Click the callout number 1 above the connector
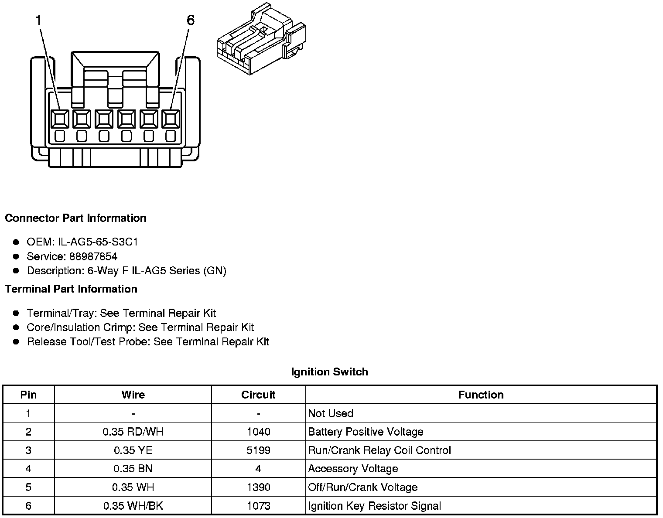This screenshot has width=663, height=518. [x=39, y=20]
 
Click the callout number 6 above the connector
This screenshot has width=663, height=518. [x=191, y=20]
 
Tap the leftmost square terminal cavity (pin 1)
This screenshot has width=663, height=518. [x=60, y=119]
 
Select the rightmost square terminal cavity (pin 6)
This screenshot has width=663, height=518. [x=171, y=119]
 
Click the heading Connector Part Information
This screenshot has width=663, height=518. [x=75, y=218]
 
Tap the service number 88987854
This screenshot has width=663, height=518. [x=93, y=256]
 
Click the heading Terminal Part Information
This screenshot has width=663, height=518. [x=71, y=289]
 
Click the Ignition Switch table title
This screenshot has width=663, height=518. [x=329, y=372]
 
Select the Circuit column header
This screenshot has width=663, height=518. [x=258, y=395]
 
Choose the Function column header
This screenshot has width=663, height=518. [x=481, y=395]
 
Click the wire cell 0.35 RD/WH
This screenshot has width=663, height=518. [x=133, y=432]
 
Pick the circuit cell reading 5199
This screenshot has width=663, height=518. [x=258, y=450]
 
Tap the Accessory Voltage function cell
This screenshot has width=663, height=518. [x=353, y=469]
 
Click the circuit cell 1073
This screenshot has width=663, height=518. [x=258, y=506]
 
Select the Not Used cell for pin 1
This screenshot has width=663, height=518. [x=331, y=413]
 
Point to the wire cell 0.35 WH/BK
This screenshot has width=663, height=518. [x=133, y=506]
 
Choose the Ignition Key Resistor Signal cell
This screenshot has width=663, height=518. [x=374, y=506]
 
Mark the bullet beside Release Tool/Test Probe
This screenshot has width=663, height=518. [x=16, y=341]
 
